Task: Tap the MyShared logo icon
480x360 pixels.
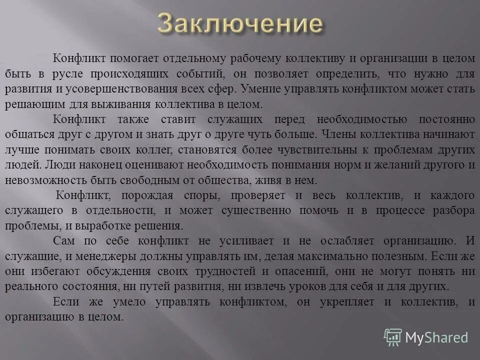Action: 393,337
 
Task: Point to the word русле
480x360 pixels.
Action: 67,73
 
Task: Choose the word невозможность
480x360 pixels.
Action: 43,181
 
